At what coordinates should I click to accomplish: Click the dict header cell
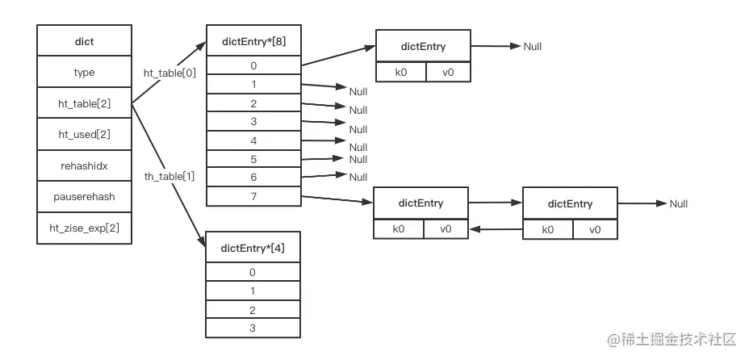click(x=84, y=40)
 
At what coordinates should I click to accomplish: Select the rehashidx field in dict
click(x=84, y=166)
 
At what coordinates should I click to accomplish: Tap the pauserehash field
click(x=84, y=197)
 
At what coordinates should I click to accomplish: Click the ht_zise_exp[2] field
click(x=84, y=228)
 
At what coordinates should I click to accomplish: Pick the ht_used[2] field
click(x=84, y=135)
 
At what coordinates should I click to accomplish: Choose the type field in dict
click(x=84, y=73)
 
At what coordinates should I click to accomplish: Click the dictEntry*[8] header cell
click(x=253, y=40)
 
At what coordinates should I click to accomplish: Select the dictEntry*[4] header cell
click(x=253, y=247)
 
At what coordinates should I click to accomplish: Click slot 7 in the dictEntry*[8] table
click(x=253, y=196)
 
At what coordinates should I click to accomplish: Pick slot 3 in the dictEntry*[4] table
click(x=253, y=329)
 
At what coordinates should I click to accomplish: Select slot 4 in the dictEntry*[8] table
click(x=253, y=140)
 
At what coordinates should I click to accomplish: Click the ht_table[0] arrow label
click(x=170, y=73)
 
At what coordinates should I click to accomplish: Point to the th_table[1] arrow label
click(x=170, y=177)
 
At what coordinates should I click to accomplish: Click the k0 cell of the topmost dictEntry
click(x=400, y=73)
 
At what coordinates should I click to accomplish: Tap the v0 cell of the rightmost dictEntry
click(x=595, y=230)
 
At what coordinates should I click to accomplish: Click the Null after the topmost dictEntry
click(x=533, y=47)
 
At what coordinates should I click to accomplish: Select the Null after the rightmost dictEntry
click(x=679, y=204)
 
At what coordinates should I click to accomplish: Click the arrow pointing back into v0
click(x=496, y=230)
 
